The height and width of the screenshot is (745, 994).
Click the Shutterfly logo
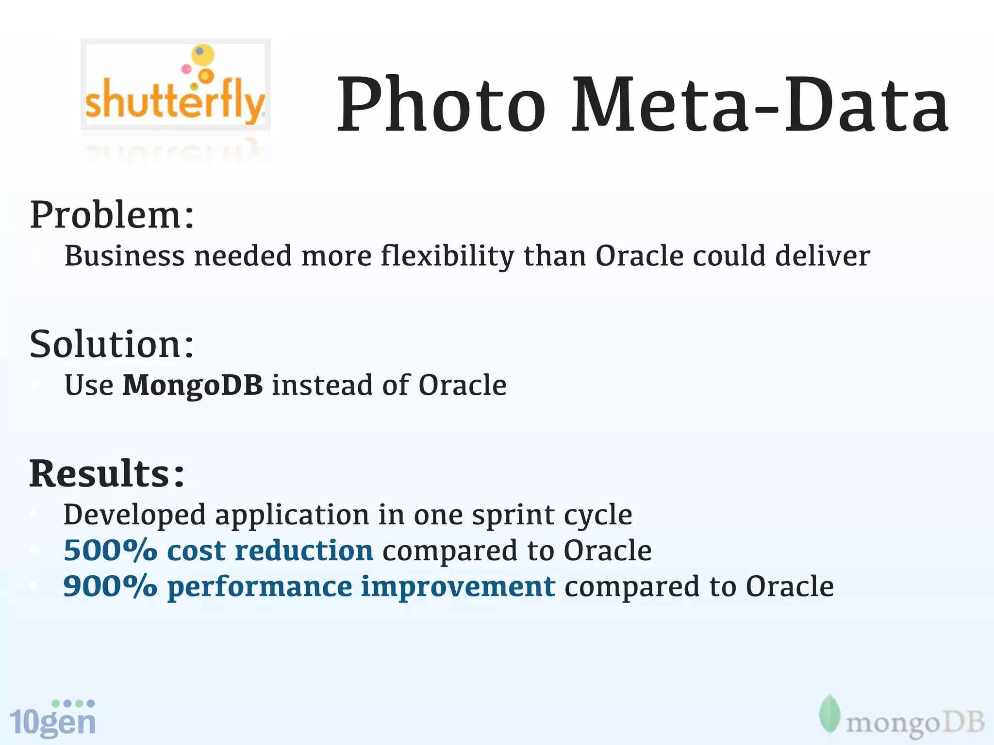175,85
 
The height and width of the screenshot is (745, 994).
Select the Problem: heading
112,215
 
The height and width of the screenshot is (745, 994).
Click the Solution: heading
112,344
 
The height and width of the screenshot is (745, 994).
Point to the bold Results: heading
107,474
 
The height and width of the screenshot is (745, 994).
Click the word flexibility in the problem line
447,256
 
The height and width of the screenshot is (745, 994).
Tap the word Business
124,256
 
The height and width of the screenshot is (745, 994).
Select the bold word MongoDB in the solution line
193,385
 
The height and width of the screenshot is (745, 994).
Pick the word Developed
134,515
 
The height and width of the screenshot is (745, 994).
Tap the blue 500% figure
111,551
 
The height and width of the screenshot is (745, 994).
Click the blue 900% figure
111,586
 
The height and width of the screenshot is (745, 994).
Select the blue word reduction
304,551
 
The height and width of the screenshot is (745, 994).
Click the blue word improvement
458,586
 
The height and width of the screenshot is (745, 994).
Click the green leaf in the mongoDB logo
829,715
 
